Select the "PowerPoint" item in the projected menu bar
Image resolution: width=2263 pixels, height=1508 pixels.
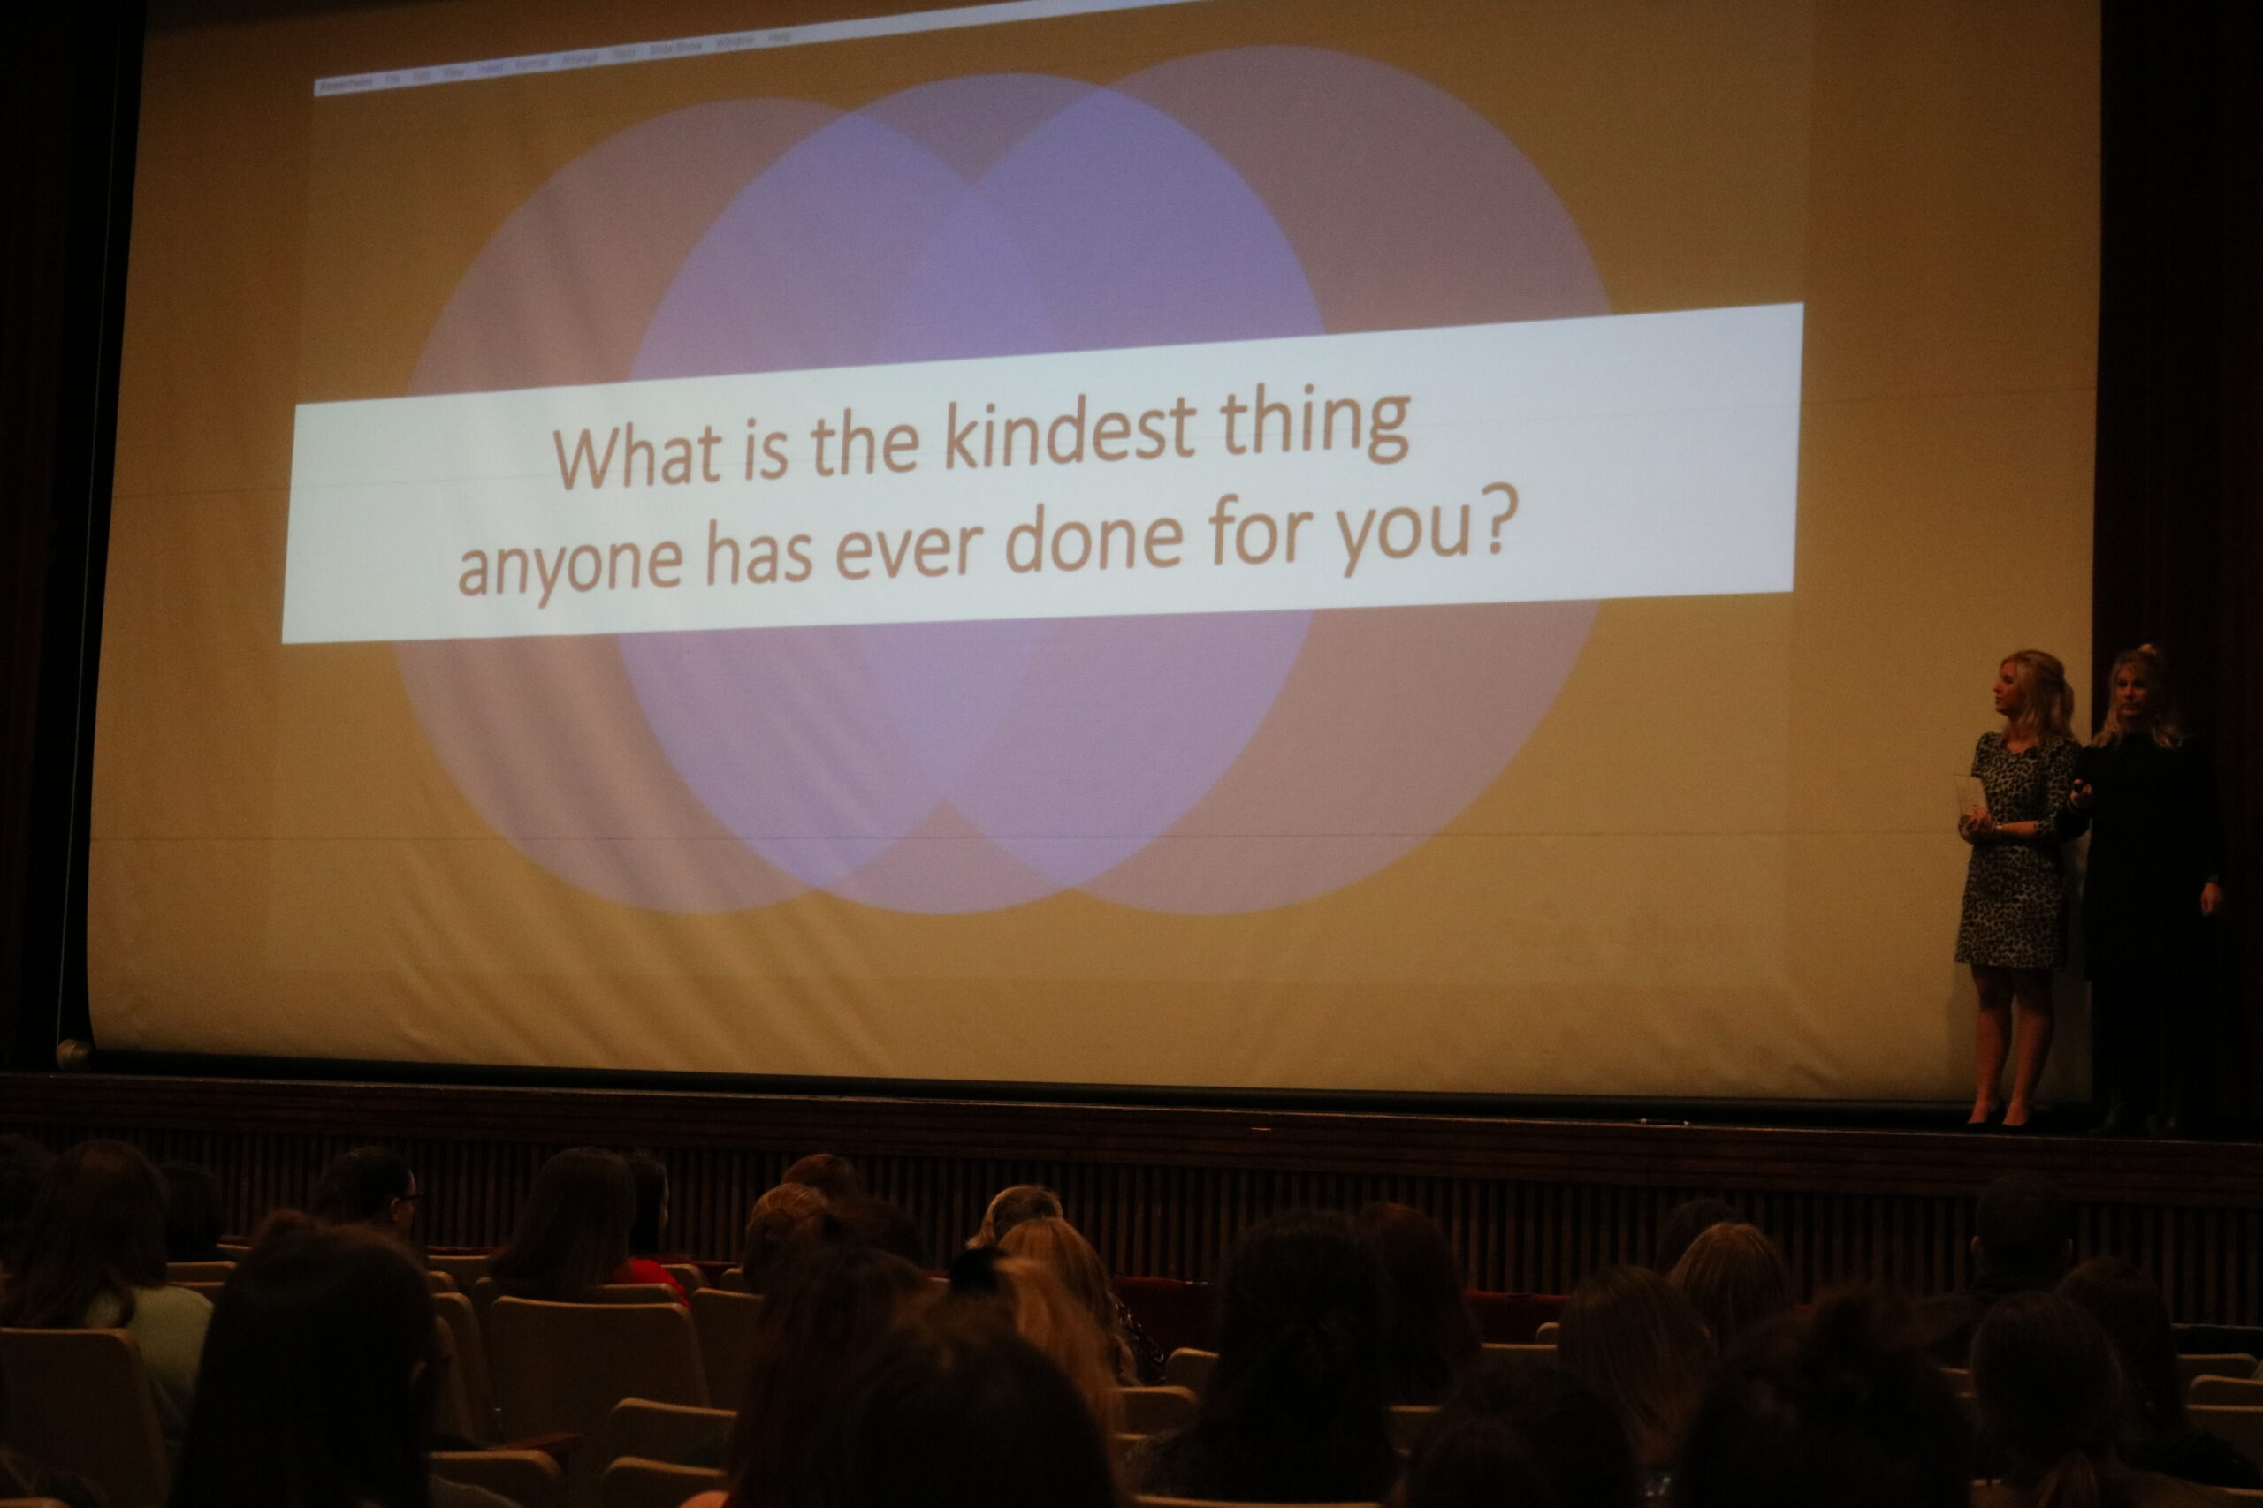pos(347,84)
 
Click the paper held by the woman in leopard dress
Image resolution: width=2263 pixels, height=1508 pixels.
pos(1969,793)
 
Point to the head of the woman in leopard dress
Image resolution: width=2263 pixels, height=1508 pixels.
pos(2026,688)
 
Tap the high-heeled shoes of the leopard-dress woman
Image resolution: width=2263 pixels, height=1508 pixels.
pos(1997,1117)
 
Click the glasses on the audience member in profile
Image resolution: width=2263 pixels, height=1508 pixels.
pos(410,1197)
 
